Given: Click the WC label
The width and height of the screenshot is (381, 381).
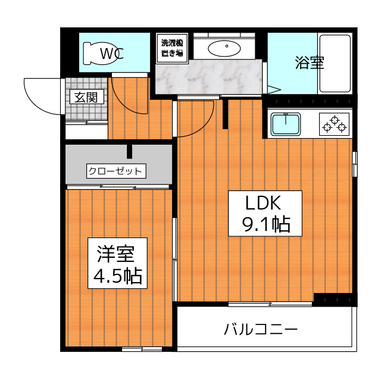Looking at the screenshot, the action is pos(112,54).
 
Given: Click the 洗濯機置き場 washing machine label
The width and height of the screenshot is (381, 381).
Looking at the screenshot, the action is pos(172,49).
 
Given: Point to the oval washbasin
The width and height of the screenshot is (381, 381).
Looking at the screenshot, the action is pos(224,48).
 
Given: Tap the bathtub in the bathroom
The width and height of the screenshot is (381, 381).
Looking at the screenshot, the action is pos(335,64).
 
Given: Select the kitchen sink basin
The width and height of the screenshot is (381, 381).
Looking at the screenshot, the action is pos(286,124).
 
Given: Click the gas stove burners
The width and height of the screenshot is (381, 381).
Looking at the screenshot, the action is pos(335,124).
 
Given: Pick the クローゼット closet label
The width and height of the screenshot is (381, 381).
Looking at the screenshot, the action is pos(116,171).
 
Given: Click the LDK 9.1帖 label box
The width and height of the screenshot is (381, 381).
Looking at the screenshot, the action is pos(265,213).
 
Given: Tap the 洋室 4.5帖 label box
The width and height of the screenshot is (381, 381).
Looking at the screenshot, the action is pos(118,263).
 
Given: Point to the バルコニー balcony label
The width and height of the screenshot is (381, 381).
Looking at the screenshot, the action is pos(261,329).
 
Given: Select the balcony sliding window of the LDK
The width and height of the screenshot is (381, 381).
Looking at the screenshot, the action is pos(270,304).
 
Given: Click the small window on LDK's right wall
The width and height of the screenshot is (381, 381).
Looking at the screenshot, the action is pos(355,164).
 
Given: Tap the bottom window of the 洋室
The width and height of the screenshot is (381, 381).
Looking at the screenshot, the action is pos(142,349).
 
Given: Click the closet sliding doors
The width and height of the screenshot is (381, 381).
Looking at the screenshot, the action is pos(118,187).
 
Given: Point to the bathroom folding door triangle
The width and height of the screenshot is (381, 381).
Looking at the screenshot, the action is pos(274,89).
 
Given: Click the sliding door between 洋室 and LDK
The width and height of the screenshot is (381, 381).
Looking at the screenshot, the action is pos(174,260).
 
